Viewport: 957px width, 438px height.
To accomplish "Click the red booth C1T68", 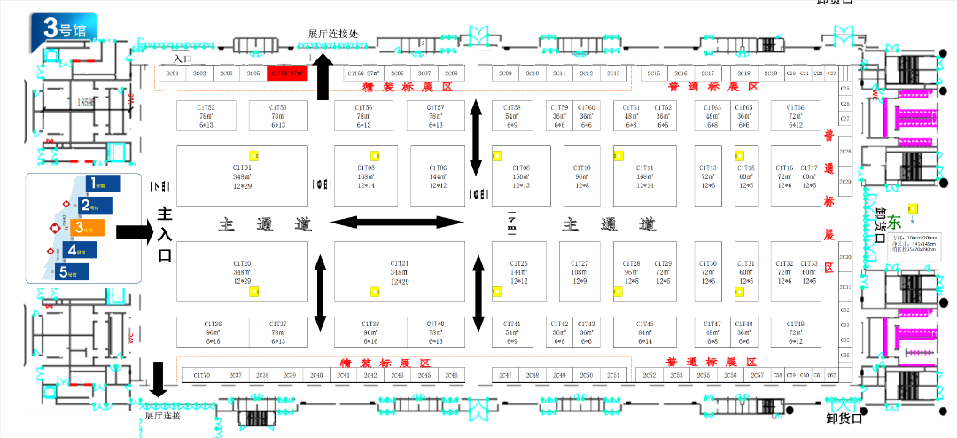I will point(287,74).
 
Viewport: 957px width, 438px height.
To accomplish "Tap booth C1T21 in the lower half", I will point(399,272).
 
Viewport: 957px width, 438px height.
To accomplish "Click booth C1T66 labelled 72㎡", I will point(795,115).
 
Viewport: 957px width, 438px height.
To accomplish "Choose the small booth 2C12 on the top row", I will point(586,74).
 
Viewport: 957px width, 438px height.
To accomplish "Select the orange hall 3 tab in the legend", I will point(89,228).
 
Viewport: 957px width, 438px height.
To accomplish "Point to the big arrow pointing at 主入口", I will point(134,232).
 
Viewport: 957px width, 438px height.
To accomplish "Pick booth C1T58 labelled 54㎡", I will point(511,115).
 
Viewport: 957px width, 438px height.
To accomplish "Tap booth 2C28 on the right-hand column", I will point(844,152).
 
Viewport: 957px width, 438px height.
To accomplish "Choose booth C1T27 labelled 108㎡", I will point(580,272).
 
